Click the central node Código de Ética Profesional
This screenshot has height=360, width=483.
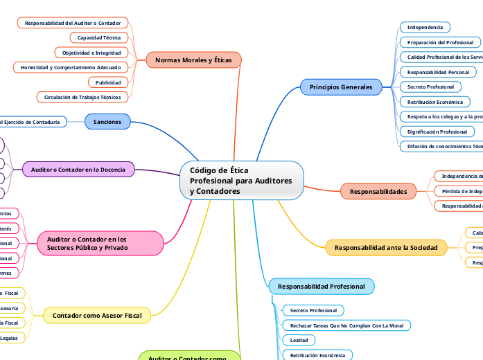[x=241, y=180]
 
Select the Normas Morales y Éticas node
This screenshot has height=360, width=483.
[x=193, y=60]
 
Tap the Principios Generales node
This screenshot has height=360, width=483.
[x=340, y=87]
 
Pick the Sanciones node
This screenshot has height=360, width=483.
[x=107, y=122]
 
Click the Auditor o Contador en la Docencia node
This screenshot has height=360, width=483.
[x=78, y=169]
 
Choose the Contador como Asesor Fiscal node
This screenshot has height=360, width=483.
[x=96, y=316]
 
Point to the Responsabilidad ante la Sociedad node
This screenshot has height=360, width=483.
[x=385, y=247]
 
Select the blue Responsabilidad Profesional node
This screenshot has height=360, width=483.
[x=321, y=286]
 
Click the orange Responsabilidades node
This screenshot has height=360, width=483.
[x=378, y=190]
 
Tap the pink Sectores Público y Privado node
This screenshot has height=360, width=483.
[x=100, y=243]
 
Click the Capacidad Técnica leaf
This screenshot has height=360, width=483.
[x=98, y=37]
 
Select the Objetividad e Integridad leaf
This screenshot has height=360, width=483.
[x=91, y=53]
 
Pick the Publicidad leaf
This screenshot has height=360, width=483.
[x=107, y=82]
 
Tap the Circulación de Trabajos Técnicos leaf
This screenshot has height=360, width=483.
[x=82, y=98]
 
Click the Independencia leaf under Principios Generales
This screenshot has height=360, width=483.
[x=425, y=27]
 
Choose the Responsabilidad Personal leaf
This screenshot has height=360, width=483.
[x=438, y=72]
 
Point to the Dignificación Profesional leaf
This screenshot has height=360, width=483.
[x=437, y=131]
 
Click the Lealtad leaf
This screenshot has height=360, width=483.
[x=299, y=340]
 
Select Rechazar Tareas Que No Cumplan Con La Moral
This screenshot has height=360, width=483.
[x=346, y=325]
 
